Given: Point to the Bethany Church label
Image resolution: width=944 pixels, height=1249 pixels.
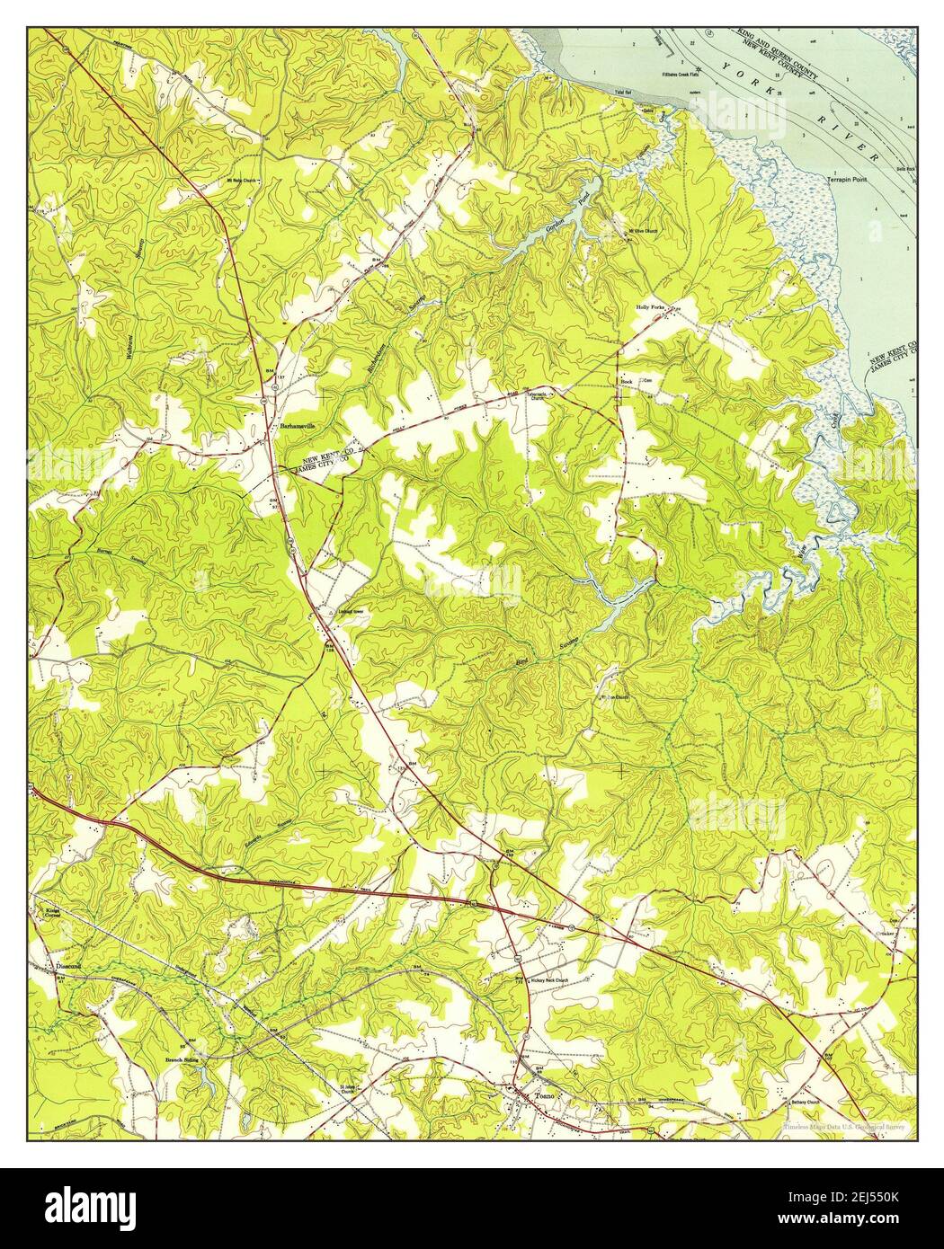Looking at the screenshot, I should coord(853,1100).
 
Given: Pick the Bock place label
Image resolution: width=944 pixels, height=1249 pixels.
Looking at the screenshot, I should coord(627,381).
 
